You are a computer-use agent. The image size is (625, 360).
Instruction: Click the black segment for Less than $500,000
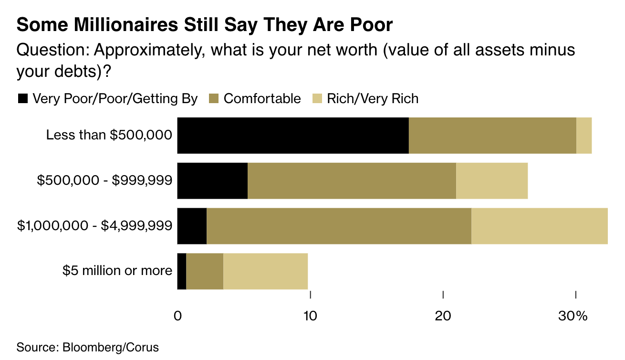click(293, 136)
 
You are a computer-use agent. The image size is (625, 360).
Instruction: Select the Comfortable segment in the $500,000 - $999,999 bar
click(352, 180)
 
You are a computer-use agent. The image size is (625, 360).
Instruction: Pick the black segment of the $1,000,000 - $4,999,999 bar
click(192, 226)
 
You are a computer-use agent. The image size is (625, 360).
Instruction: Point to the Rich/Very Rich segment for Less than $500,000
click(584, 136)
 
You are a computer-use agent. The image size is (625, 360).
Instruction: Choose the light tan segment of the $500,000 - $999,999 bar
click(492, 180)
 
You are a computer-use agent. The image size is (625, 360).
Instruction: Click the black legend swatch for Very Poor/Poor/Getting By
click(23, 99)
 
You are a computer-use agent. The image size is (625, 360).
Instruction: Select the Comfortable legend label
click(262, 99)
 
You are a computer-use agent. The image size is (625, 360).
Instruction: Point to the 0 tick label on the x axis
click(177, 316)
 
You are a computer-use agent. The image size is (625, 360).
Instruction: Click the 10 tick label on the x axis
click(310, 316)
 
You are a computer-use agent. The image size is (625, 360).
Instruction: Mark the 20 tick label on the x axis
click(443, 316)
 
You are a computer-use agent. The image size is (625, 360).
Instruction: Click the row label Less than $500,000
click(109, 135)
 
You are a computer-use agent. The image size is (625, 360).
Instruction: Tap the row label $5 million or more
click(117, 271)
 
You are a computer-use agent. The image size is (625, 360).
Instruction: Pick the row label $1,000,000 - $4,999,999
click(94, 225)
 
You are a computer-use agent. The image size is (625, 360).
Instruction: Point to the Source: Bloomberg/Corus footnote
click(87, 347)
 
